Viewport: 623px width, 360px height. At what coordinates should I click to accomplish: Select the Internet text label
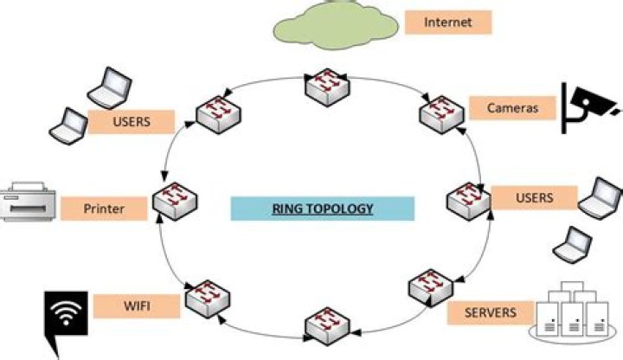(x=448, y=22)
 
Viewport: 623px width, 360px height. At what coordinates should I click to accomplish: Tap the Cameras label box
(x=513, y=108)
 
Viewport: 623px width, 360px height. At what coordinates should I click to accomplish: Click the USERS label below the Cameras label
(x=533, y=198)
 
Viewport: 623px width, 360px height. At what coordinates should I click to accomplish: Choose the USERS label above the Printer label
(x=132, y=122)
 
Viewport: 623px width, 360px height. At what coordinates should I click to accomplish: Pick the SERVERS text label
(x=490, y=312)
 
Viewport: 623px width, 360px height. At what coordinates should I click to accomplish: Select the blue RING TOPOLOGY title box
(x=322, y=209)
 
